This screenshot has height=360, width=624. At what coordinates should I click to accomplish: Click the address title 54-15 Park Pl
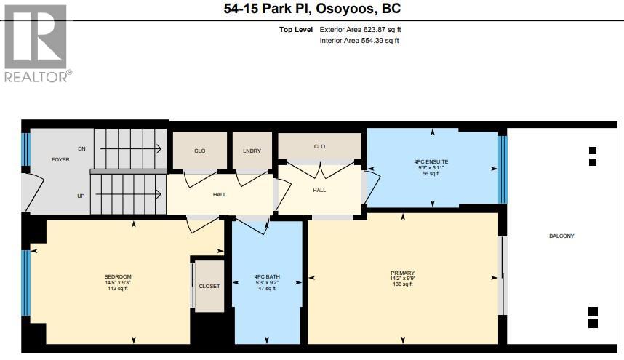tap(312, 9)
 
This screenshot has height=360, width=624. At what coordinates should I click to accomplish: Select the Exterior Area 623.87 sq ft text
tap(361, 30)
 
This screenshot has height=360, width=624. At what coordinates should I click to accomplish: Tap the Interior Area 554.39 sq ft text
tap(359, 41)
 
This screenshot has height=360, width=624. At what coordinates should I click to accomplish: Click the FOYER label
tap(60, 159)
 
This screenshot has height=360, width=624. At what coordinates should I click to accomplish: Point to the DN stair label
tap(81, 148)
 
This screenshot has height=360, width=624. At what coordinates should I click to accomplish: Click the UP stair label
tap(81, 196)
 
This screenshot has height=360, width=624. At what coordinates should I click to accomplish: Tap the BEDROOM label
tap(118, 276)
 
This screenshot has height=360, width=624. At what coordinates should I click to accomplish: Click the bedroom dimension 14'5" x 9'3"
tap(118, 282)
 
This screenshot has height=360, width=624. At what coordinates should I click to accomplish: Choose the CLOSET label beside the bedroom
tap(209, 286)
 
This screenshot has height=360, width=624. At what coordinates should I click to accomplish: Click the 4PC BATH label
tap(267, 276)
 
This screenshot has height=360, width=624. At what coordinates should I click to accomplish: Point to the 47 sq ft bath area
tap(267, 289)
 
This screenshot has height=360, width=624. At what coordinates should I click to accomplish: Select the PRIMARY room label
tap(401, 271)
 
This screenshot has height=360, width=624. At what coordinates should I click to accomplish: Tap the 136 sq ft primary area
tap(401, 284)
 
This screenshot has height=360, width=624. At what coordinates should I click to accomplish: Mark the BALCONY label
tap(561, 236)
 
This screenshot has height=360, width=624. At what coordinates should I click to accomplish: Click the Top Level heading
tap(296, 30)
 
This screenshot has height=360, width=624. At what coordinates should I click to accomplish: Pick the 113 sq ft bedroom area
tap(118, 289)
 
